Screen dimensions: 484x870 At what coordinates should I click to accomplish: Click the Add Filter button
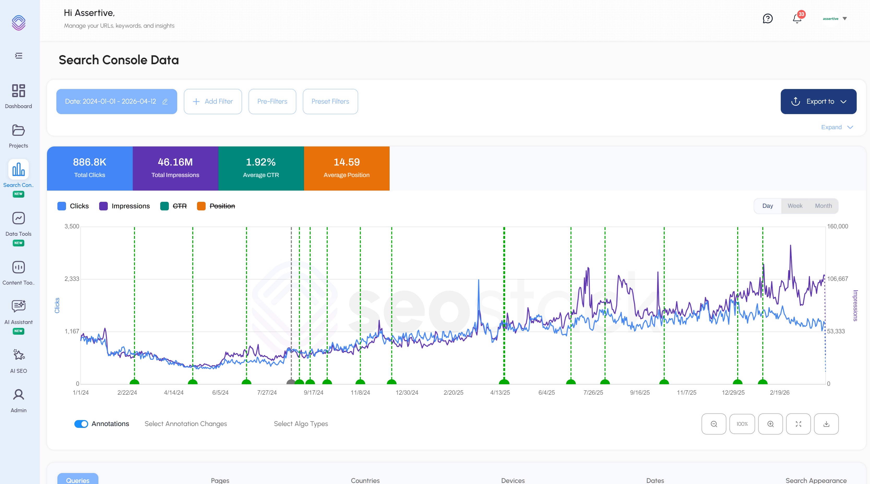[x=213, y=101]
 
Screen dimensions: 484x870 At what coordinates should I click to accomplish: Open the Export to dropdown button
[x=818, y=101]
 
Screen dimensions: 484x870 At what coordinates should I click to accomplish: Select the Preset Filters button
[x=330, y=101]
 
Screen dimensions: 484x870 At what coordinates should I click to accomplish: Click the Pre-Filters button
[x=272, y=101]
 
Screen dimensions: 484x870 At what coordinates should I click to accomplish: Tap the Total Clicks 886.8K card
[x=90, y=168]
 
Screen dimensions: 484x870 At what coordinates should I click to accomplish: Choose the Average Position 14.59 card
[x=347, y=168]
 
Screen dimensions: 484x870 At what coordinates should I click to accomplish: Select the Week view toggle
[x=795, y=206]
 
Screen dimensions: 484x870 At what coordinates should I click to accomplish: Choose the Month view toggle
[x=823, y=206]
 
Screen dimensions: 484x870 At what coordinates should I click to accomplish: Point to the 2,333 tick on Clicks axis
[x=71, y=279]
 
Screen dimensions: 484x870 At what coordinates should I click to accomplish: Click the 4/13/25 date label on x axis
[x=500, y=392]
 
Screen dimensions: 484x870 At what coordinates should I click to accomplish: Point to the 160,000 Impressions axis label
[x=837, y=226]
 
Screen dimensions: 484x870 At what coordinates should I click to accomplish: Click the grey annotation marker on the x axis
[x=291, y=382]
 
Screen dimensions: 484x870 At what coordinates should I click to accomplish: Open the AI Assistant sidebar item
[x=18, y=311]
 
